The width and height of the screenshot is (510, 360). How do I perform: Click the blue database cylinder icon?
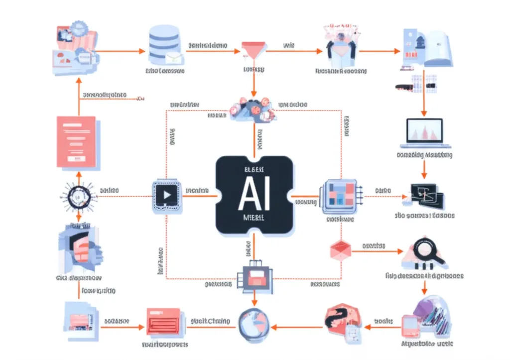(x=163, y=44)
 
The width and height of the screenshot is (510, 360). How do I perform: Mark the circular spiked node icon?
(x=78, y=196)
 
